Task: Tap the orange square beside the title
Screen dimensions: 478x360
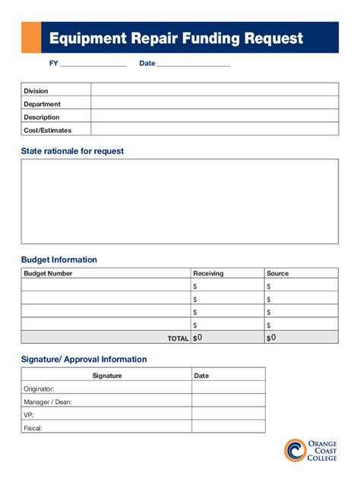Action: point(31,38)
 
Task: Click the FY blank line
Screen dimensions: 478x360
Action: point(93,64)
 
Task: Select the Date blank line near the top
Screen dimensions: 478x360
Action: point(193,64)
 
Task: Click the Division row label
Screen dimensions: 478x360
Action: point(36,91)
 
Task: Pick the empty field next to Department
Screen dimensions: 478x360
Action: point(214,103)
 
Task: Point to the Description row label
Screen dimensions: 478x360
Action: point(41,117)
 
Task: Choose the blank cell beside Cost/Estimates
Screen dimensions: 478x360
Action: point(214,130)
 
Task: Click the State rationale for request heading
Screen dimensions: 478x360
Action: point(72,151)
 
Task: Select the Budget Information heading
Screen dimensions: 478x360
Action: point(59,259)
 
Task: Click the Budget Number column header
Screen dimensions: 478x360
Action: point(48,273)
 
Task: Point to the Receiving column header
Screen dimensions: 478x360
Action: point(208,273)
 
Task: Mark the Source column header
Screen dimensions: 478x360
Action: point(277,273)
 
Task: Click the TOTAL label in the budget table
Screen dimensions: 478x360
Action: point(178,338)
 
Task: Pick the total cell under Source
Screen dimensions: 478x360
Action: point(301,338)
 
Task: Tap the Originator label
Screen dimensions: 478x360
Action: point(39,388)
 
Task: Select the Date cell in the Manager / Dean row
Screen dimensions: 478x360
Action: point(228,401)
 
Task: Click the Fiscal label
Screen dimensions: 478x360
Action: point(33,427)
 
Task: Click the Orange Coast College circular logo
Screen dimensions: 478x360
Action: point(295,450)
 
